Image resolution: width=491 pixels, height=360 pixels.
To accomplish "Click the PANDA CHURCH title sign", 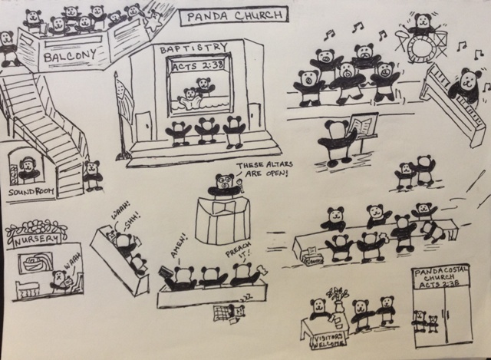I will coord(232,14).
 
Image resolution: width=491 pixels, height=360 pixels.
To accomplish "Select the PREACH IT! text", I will coord(239,253).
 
